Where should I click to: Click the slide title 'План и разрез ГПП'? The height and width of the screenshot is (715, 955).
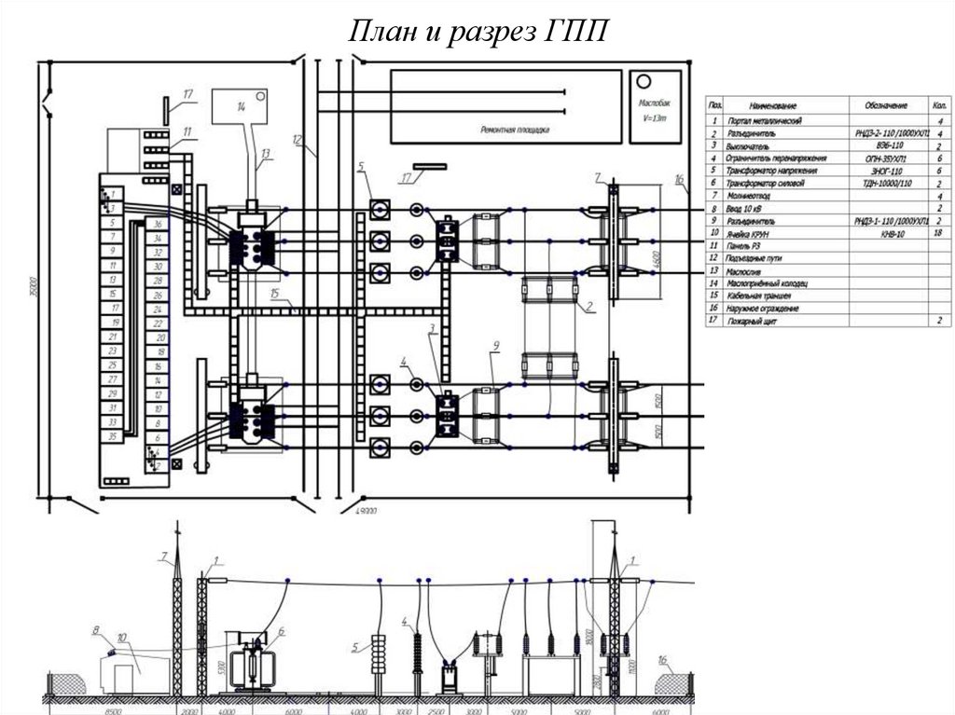[x=477, y=32]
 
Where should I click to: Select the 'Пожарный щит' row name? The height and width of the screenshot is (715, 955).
[x=759, y=321]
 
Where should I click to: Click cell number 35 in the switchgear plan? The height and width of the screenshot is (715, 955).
[x=112, y=435]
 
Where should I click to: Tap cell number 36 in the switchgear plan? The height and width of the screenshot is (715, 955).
[x=159, y=225]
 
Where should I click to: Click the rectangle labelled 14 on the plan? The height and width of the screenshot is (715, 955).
[x=242, y=108]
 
